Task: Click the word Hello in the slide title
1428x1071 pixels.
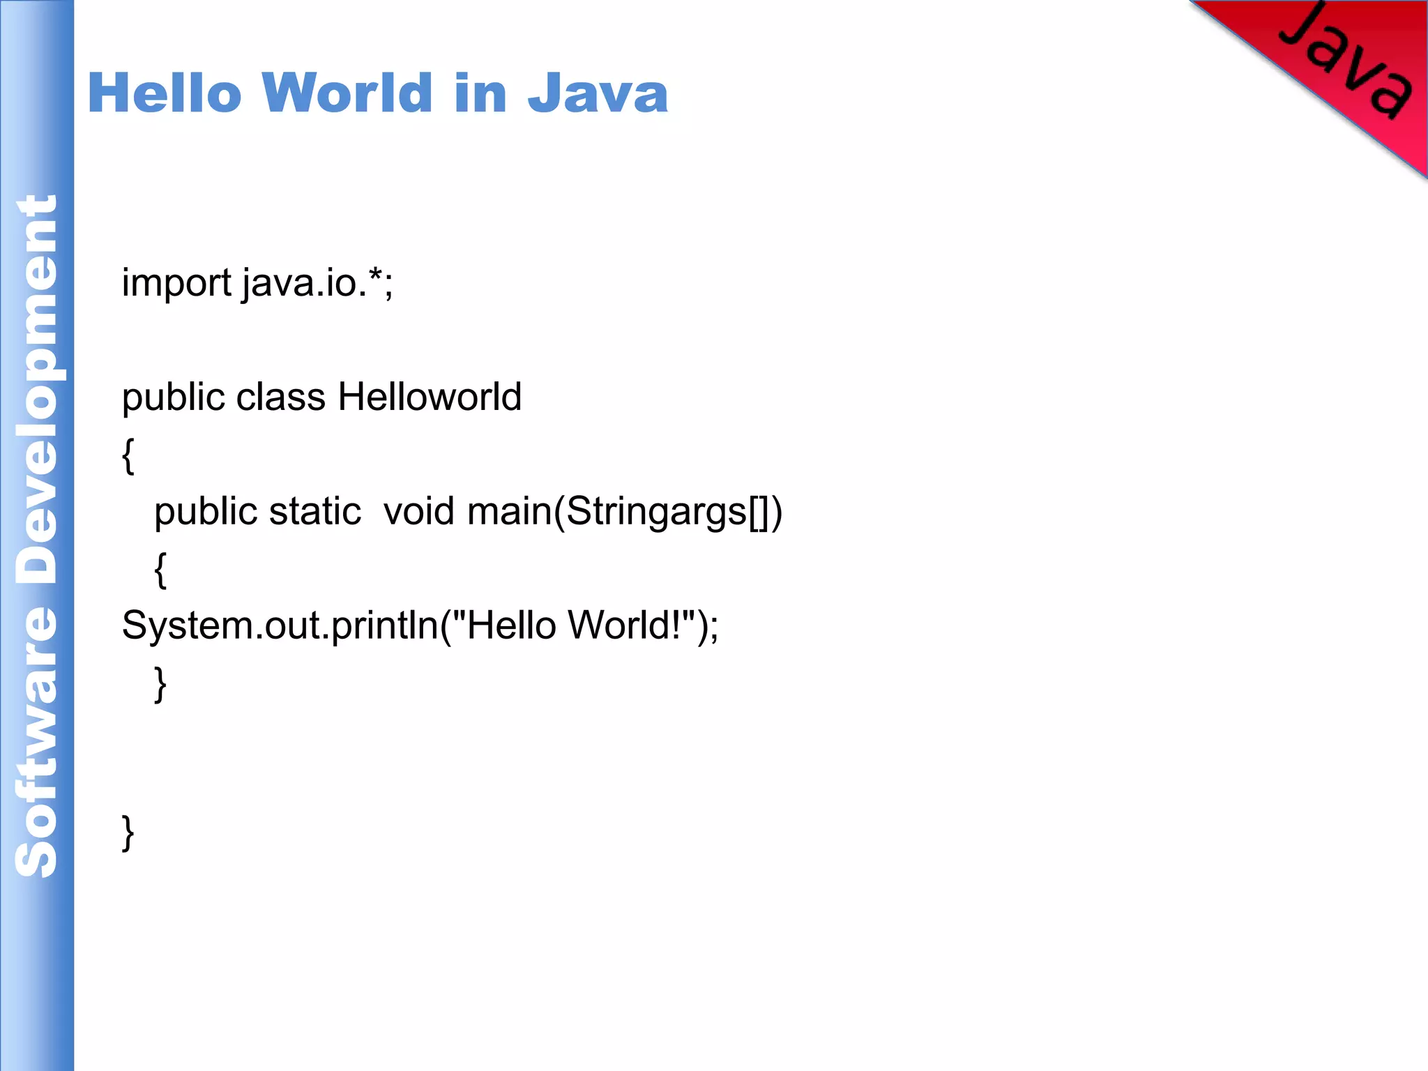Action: [x=165, y=93]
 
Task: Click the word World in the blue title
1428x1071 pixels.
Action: [x=347, y=93]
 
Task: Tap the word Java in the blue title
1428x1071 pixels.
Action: [x=598, y=93]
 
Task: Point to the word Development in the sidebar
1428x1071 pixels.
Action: [x=36, y=390]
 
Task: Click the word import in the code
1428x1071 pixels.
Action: [x=176, y=283]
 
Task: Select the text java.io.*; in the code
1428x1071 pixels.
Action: [x=318, y=283]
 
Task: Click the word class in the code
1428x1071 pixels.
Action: [x=280, y=397]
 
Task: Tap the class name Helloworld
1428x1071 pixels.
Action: [x=430, y=397]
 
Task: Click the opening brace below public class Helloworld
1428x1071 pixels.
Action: [x=128, y=457]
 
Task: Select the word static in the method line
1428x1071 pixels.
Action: [x=315, y=512]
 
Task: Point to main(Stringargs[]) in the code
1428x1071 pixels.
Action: [x=625, y=512]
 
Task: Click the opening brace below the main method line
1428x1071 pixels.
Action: [x=160, y=570]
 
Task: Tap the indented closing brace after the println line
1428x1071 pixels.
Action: [x=160, y=684]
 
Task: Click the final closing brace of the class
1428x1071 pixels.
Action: [x=128, y=833]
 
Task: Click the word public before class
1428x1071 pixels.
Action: [x=173, y=397]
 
